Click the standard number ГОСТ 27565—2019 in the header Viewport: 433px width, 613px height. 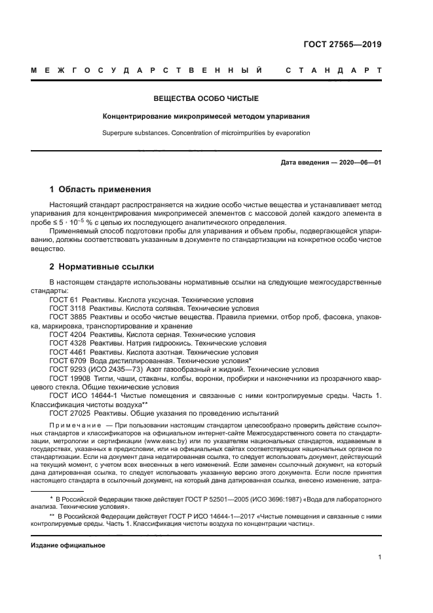343,45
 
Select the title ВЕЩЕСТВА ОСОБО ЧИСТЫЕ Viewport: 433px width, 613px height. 206,99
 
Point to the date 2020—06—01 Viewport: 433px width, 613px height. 359,162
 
